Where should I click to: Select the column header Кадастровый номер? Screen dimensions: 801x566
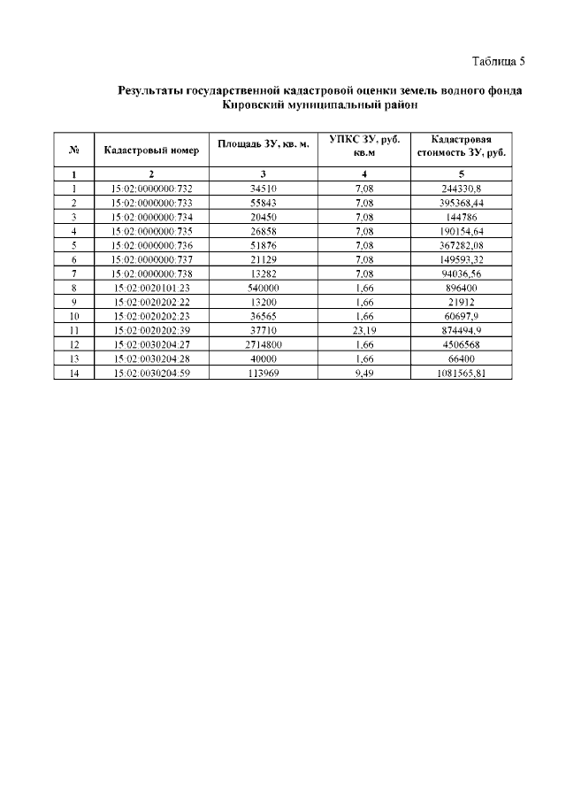[151, 150]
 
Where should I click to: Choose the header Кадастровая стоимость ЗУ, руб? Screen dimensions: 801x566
[461, 145]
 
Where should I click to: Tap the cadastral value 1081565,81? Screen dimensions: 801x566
[461, 373]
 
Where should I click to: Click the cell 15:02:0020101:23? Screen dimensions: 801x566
[151, 288]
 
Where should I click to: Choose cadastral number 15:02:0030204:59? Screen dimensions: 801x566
[151, 373]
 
